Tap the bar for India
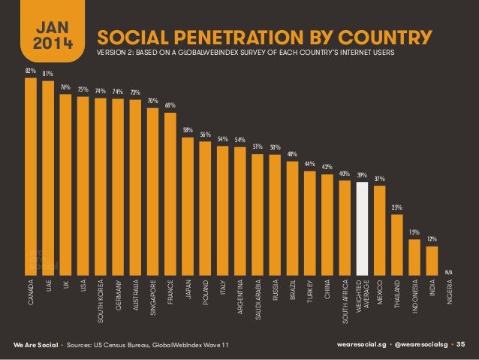(x=432, y=260)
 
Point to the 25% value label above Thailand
(x=397, y=207)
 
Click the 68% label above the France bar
(x=170, y=105)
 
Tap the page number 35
(x=461, y=344)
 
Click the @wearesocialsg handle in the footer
(x=417, y=344)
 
